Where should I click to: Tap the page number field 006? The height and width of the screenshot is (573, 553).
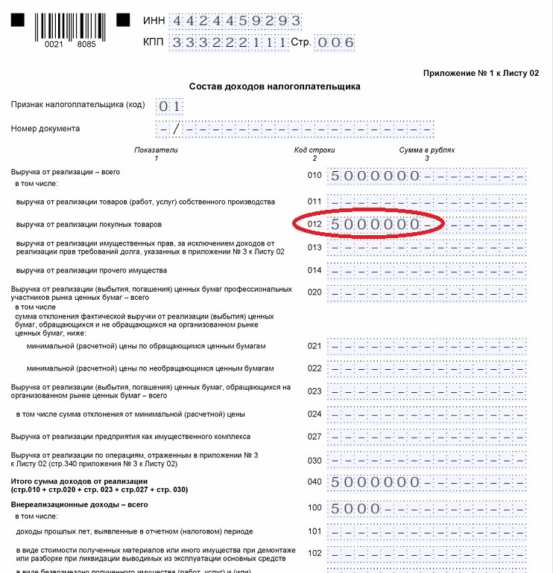coord(335,42)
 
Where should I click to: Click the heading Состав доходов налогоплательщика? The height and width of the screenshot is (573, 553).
coord(275,86)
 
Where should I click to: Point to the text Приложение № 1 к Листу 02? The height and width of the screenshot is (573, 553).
coord(481,73)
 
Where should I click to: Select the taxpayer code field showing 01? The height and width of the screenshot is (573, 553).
coord(170,106)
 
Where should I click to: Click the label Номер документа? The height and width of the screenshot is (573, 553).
coord(45,128)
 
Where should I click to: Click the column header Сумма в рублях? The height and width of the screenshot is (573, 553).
coord(426,154)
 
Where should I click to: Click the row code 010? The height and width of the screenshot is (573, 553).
coord(315,176)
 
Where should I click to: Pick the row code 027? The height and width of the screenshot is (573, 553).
coord(315,437)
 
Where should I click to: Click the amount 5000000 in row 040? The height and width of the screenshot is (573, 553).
coord(375,482)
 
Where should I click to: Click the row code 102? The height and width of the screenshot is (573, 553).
coord(315,554)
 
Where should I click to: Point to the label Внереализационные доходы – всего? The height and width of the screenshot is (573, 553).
coord(69,505)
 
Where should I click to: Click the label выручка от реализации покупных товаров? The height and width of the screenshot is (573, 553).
coord(89,224)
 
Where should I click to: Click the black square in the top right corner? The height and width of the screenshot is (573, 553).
coord(123,16)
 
